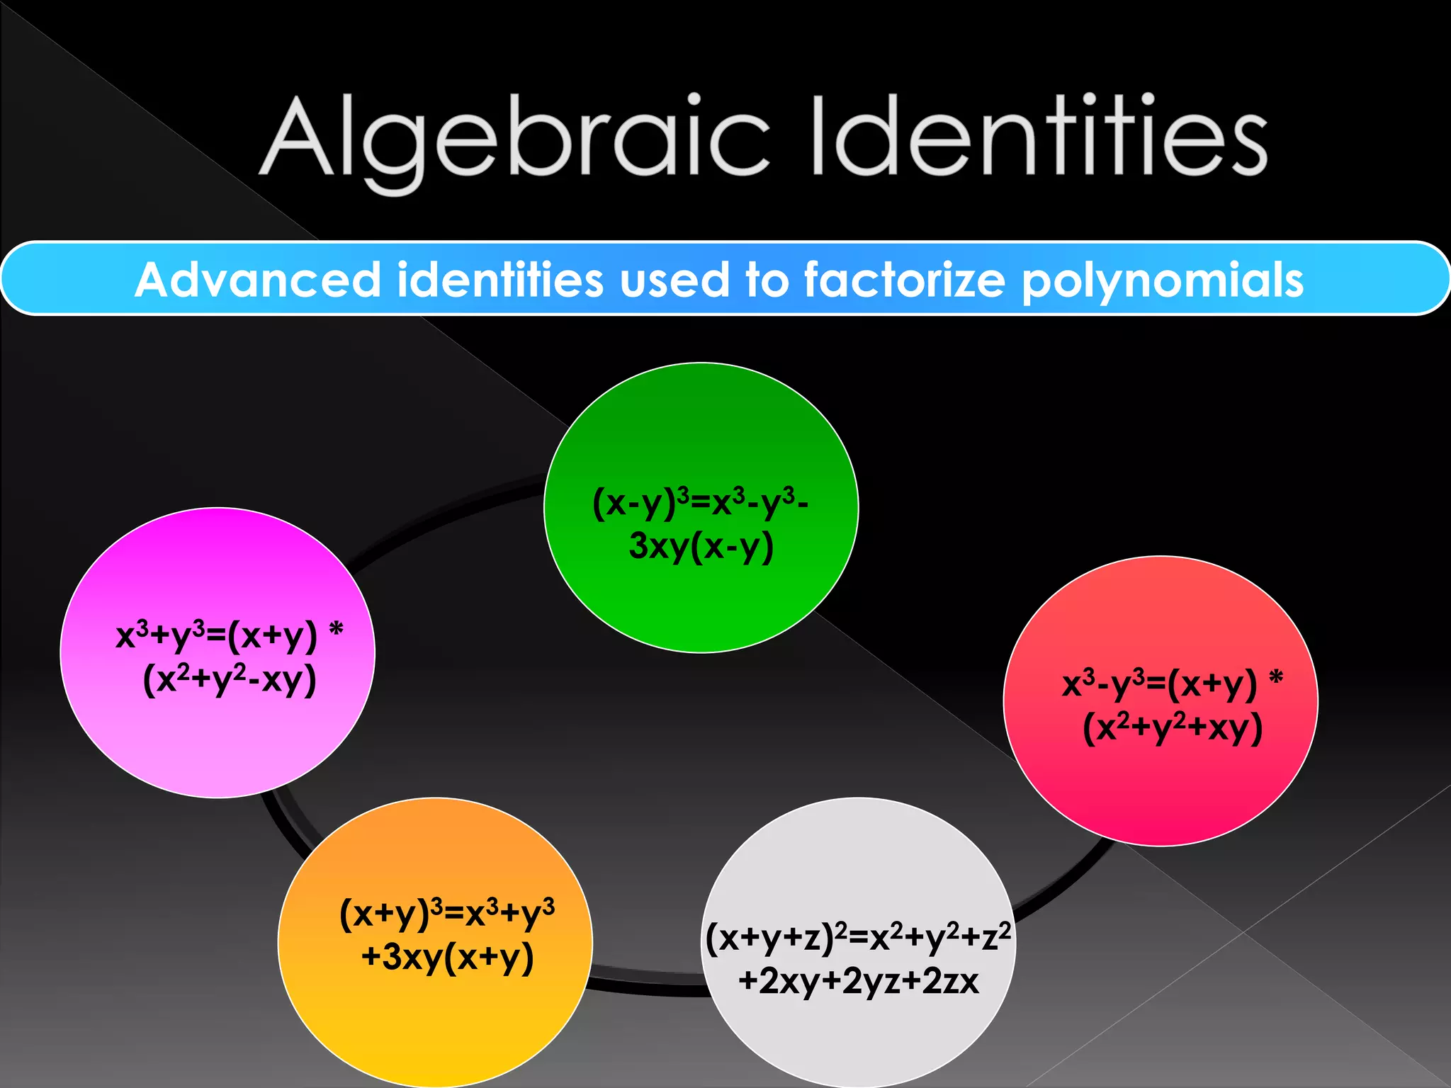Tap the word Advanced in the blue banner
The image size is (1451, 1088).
click(x=259, y=280)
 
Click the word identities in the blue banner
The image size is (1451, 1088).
click(x=499, y=280)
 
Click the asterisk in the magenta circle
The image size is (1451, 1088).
click(x=337, y=628)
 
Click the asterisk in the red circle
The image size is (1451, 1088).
click(x=1276, y=678)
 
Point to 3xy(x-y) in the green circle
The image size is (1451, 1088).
click(x=701, y=547)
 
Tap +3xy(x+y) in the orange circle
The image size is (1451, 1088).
click(x=447, y=957)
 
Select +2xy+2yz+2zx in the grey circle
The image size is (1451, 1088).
click(x=858, y=982)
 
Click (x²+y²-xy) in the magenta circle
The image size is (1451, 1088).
click(x=230, y=680)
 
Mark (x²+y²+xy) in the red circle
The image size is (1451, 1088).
click(x=1173, y=728)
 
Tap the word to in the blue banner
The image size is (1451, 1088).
click(x=767, y=280)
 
